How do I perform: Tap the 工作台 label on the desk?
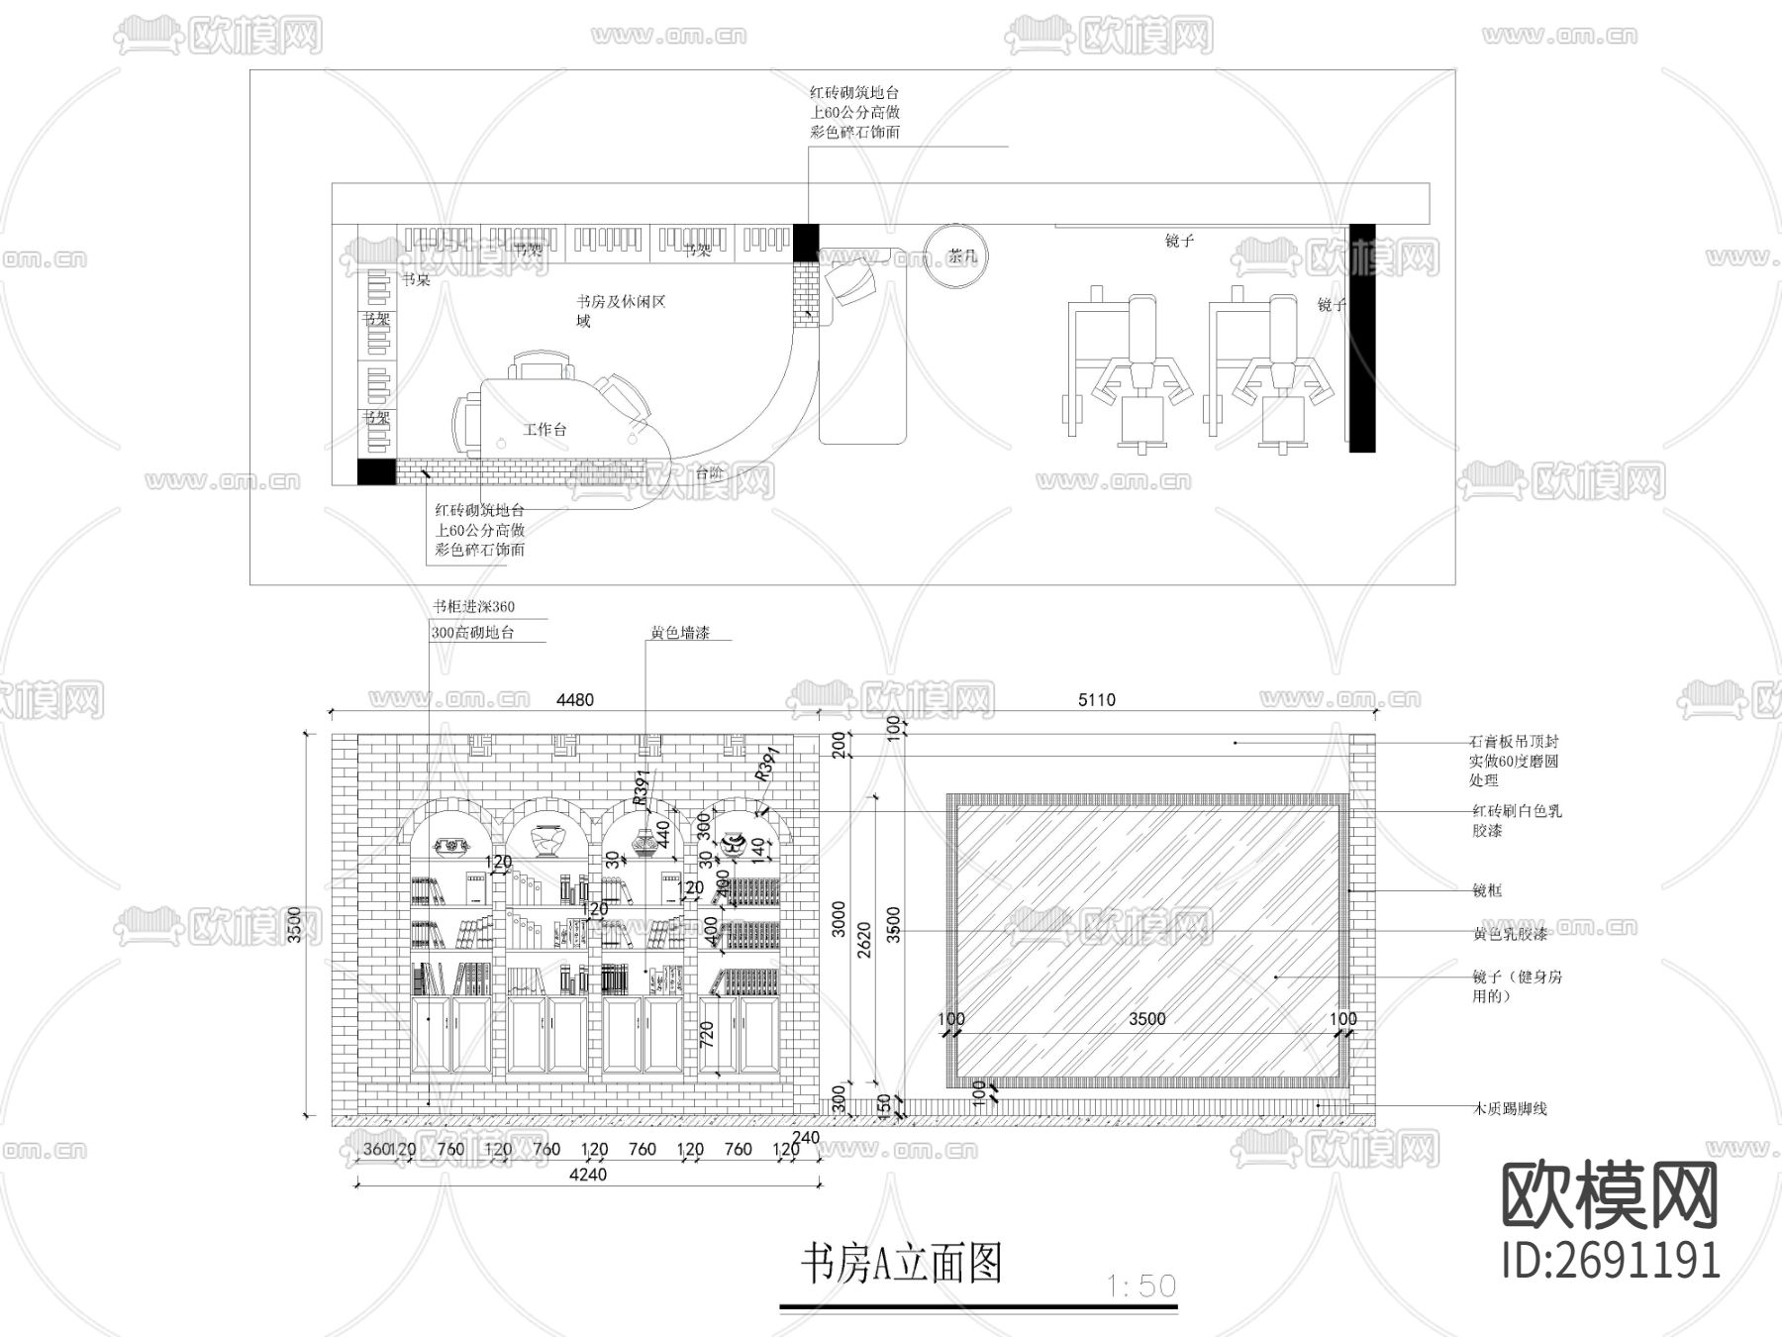point(544,430)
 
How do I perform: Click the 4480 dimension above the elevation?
point(574,700)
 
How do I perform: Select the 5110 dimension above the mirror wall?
point(1096,700)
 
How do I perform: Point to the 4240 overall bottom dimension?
point(588,1175)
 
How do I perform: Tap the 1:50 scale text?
point(1141,1286)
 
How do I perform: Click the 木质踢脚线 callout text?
point(1509,1109)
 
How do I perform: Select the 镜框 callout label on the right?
point(1487,890)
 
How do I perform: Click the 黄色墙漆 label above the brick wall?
point(679,633)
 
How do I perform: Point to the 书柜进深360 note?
point(473,607)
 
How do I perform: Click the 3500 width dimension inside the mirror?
point(1146,1019)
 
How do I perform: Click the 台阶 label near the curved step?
point(709,473)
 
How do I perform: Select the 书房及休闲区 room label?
point(621,301)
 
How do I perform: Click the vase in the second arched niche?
point(547,841)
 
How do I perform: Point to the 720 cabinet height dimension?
point(707,1035)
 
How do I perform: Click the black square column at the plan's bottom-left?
point(375,471)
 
